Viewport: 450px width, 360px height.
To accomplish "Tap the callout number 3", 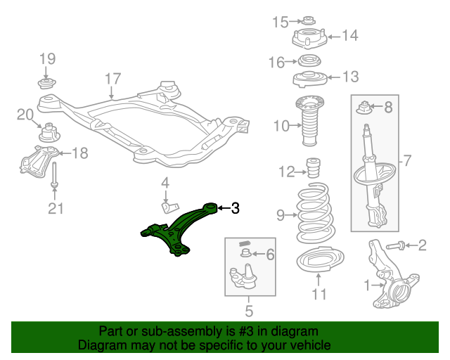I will point(236,208).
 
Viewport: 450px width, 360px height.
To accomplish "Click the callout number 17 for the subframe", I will point(113,79).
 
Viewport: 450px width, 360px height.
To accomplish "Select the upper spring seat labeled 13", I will point(307,77).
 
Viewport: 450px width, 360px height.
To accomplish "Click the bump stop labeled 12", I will point(311,171).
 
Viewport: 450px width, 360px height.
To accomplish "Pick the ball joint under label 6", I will point(243,276).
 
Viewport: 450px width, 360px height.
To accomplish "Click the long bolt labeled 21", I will point(54,175).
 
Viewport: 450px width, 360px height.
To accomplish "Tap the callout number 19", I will point(46,58).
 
